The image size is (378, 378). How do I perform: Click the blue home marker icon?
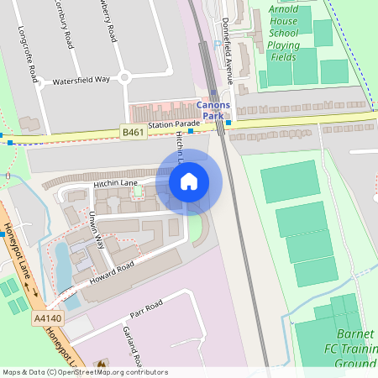point(189,181)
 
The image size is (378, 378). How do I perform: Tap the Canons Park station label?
point(213,110)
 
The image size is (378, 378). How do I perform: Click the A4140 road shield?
point(48,318)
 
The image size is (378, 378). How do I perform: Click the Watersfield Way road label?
point(81,79)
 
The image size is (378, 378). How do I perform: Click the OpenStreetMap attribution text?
point(84,372)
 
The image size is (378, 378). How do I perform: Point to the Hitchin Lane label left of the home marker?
point(114,183)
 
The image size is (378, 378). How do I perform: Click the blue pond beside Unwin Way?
point(61,265)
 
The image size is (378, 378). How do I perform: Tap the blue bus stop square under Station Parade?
point(191,131)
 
